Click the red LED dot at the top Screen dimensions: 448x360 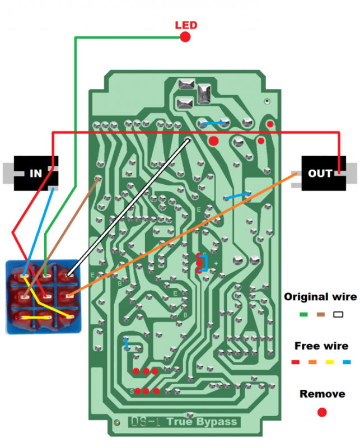tap(185, 38)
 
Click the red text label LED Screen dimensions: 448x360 tap(186, 25)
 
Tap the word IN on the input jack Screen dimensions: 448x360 tap(36, 173)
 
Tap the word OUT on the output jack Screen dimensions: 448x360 tap(320, 173)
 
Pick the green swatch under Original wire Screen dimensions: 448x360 tap(304, 314)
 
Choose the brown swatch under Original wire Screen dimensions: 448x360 tap(320, 314)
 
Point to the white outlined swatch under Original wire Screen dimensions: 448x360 tap(337, 314)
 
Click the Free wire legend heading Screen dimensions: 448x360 tap(321, 346)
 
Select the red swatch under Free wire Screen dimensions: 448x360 tap(296, 362)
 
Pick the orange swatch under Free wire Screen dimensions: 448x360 tap(312, 362)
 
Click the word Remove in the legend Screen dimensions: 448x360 tap(322, 394)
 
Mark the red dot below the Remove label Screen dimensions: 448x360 tap(321, 413)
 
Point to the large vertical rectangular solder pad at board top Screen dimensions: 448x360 tap(203, 94)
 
